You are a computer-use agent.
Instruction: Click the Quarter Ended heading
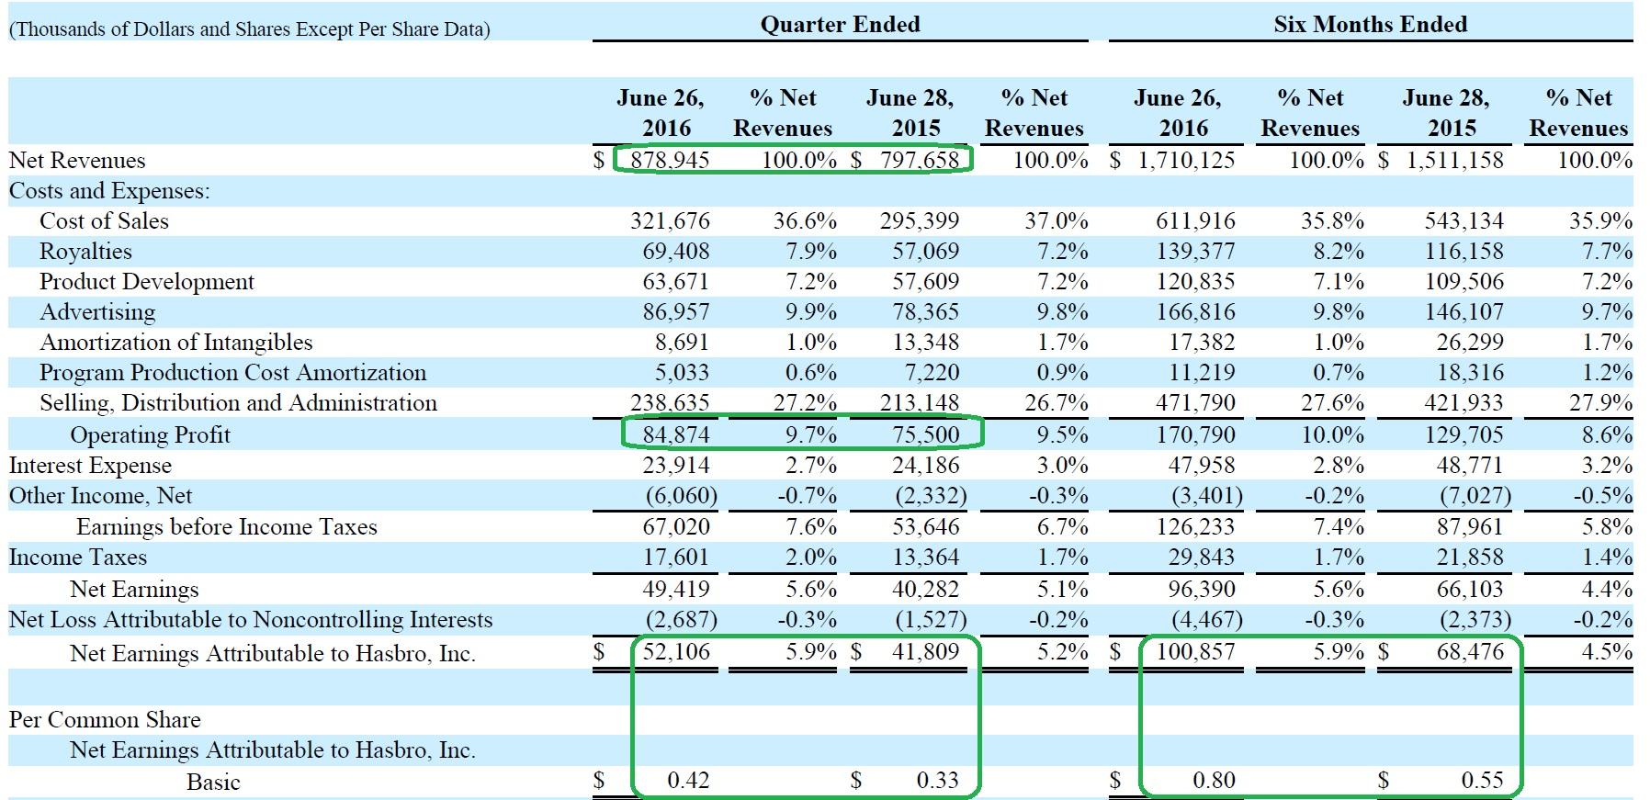click(840, 25)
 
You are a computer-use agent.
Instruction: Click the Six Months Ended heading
click(1370, 25)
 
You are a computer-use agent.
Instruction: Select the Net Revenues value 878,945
click(670, 161)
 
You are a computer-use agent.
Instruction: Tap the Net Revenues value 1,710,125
click(1186, 161)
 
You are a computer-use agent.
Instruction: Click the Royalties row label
click(85, 252)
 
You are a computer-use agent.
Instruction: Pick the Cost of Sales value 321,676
click(670, 221)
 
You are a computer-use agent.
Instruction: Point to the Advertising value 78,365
click(925, 312)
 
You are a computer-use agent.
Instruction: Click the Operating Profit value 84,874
click(676, 434)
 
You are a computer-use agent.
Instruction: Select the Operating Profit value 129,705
click(1464, 434)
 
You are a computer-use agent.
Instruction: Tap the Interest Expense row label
click(90, 466)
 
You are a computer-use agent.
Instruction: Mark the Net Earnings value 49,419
click(676, 589)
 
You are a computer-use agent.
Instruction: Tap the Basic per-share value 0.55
click(1482, 781)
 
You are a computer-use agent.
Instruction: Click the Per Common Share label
click(105, 720)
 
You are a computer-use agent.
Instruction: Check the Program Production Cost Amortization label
click(232, 373)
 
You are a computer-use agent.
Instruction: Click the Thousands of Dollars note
click(249, 29)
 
